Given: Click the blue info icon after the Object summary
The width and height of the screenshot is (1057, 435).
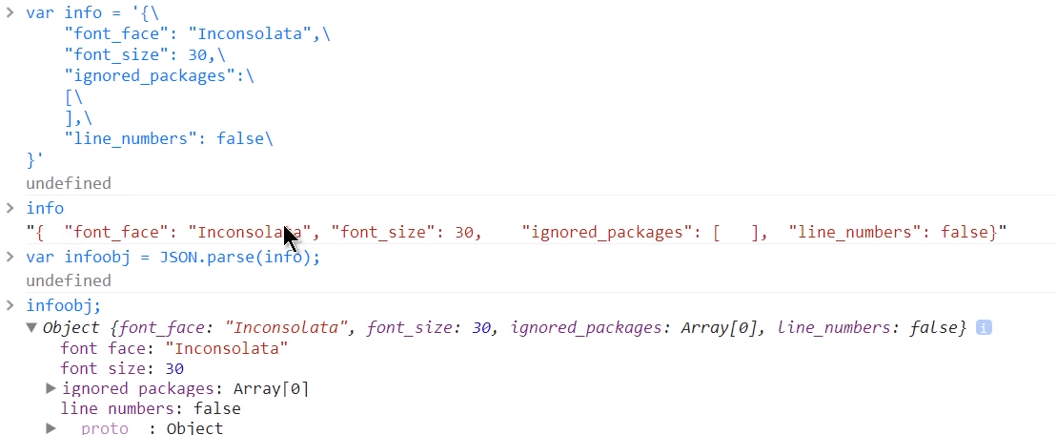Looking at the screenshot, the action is [984, 328].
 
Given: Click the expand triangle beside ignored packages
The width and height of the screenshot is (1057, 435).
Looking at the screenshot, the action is [51, 388].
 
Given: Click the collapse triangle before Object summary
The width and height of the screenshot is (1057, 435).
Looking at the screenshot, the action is [31, 328].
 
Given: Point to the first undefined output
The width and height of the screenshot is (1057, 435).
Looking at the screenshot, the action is [69, 183].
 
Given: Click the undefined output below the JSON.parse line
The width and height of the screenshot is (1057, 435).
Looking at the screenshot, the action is [69, 280].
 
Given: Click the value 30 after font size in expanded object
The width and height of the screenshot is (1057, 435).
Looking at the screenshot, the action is [174, 368].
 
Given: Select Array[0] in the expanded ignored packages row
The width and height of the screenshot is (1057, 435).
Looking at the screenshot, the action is [271, 388].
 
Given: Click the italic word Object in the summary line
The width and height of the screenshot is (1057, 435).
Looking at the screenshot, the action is [71, 328].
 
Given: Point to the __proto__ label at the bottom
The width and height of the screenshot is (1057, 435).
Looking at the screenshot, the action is [105, 428].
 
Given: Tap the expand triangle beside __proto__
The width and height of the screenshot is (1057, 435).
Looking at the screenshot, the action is [51, 428].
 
